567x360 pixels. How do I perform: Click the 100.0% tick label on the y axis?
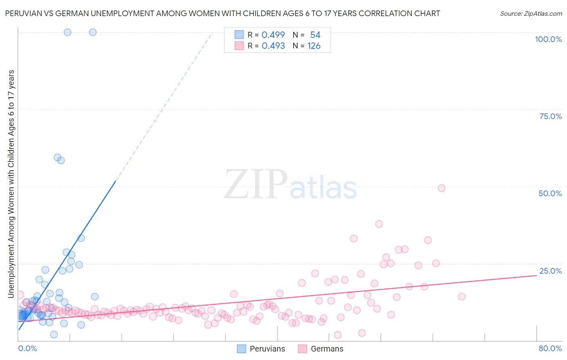(548, 39)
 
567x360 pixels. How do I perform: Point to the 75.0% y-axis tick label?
(550, 116)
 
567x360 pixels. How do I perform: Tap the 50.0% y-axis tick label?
(550, 193)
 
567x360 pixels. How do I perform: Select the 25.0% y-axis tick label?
(550, 271)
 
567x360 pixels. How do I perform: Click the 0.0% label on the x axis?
(27, 348)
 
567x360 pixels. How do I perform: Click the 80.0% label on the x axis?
(550, 348)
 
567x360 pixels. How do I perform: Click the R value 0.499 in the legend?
(273, 35)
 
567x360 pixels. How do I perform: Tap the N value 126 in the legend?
(314, 46)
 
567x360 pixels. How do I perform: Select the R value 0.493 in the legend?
(273, 46)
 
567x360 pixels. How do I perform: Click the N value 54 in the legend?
(315, 35)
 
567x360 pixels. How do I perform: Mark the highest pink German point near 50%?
(441, 188)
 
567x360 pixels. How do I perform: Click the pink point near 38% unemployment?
(379, 224)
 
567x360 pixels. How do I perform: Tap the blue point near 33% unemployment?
(81, 238)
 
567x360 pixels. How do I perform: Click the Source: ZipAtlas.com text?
(531, 14)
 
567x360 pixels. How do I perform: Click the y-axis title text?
(11, 184)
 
